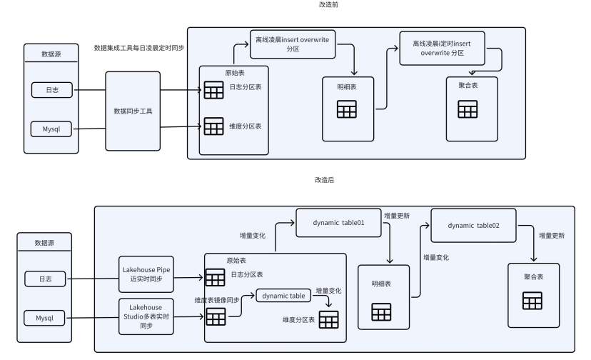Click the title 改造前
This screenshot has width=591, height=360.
tap(329, 5)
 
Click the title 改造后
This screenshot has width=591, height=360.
tap(324, 179)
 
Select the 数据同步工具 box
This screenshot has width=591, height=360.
tap(133, 111)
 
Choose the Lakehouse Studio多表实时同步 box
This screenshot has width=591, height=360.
tap(148, 316)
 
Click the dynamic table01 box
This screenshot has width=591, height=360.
tap(338, 223)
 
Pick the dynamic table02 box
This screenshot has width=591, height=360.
tap(473, 225)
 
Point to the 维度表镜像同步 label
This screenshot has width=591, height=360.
tap(216, 301)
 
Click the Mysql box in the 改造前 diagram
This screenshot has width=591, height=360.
tap(50, 129)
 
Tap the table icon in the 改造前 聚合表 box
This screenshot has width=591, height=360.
tap(468, 109)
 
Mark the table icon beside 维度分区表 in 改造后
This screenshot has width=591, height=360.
tap(328, 320)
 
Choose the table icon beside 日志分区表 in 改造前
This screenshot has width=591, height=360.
tap(213, 90)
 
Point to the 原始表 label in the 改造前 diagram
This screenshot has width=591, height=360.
tap(234, 72)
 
